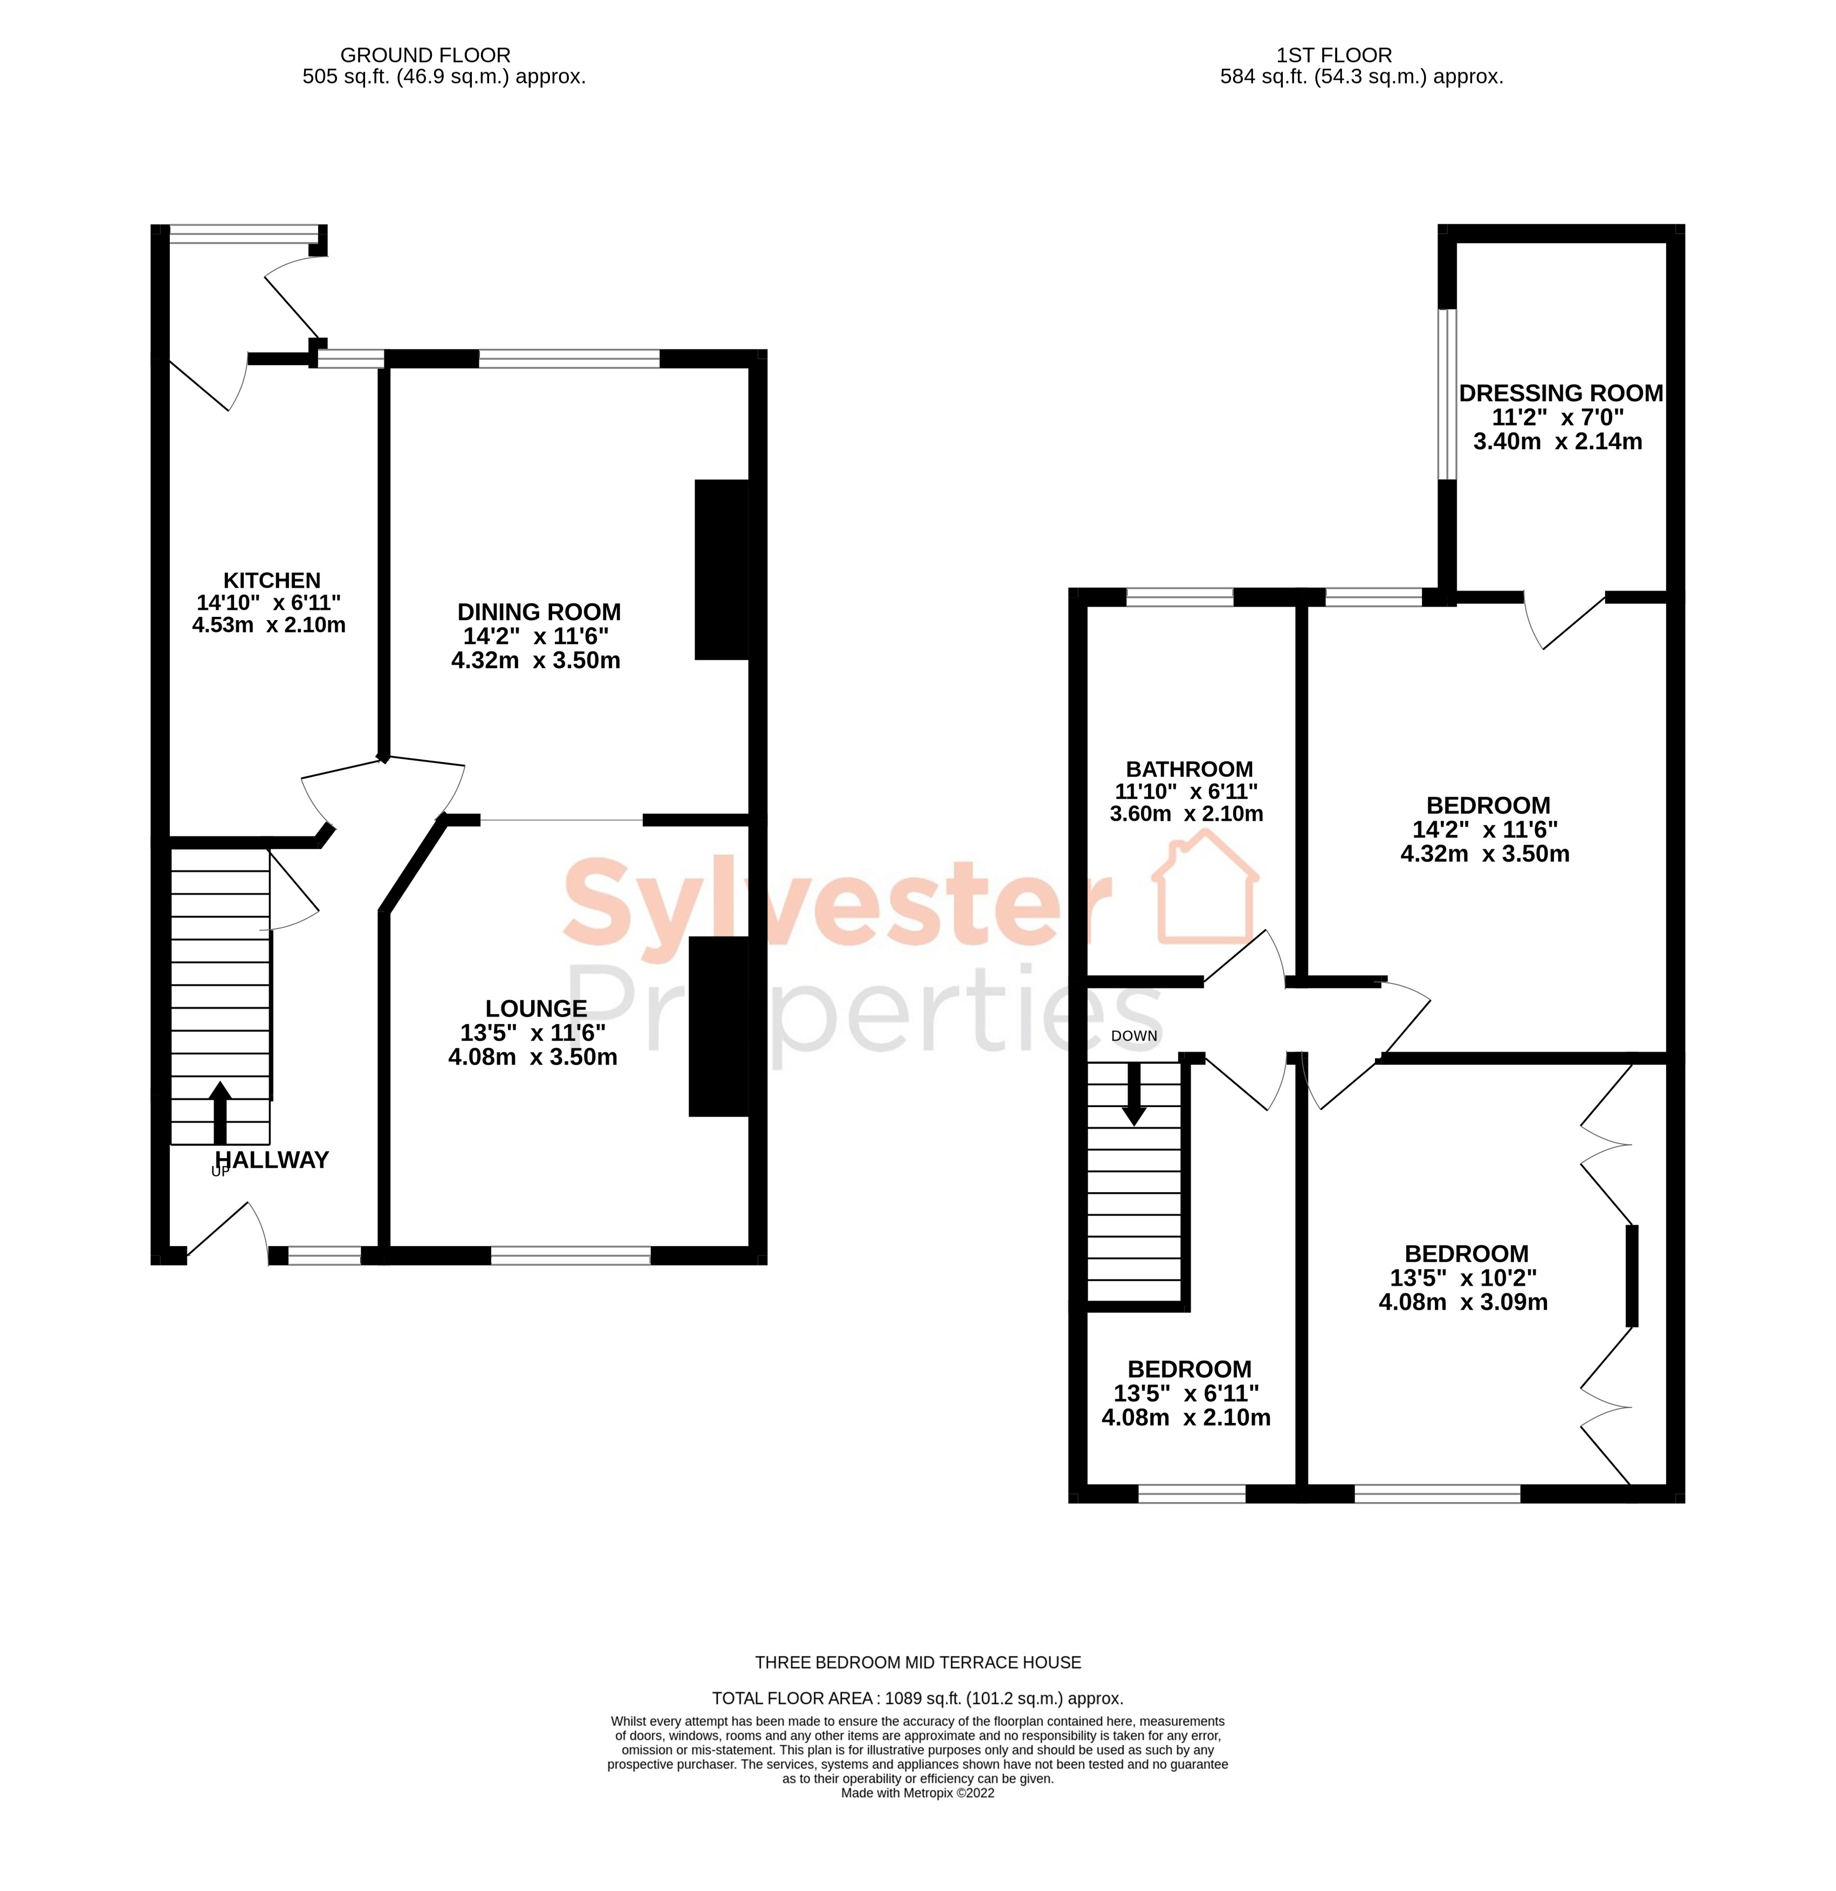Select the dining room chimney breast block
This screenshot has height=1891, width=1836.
[721, 569]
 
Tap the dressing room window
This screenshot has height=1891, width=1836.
[1446, 394]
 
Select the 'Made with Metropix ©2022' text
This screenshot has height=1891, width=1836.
[917, 1793]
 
